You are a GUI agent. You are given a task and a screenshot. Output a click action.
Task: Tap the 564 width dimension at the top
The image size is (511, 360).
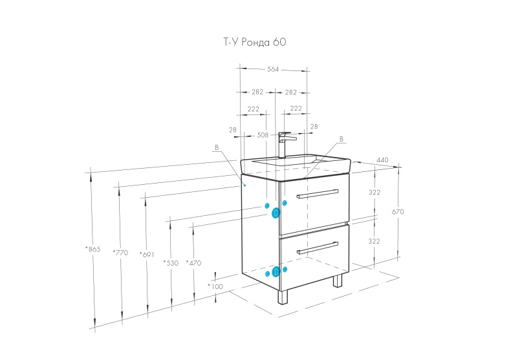click(x=273, y=70)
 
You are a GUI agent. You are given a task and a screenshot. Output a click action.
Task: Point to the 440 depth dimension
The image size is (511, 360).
click(x=382, y=160)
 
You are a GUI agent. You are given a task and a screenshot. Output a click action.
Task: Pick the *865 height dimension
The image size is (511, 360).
click(x=93, y=248)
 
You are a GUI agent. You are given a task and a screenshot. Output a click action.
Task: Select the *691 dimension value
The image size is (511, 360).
click(x=147, y=255)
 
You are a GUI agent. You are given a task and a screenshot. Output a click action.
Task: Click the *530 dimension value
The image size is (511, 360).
click(x=171, y=262)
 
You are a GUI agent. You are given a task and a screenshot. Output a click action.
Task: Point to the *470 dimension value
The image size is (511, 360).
click(x=193, y=262)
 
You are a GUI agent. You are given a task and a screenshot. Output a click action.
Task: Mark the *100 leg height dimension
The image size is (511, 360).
click(x=215, y=286)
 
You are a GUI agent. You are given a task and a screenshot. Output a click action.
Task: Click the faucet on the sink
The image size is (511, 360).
click(x=283, y=143)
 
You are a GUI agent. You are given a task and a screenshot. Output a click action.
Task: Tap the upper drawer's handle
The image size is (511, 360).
click(x=317, y=193)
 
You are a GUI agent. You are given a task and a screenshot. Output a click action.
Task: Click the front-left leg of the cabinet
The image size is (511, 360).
click(x=281, y=295)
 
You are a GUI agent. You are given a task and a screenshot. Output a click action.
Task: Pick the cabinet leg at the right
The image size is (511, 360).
click(x=337, y=281)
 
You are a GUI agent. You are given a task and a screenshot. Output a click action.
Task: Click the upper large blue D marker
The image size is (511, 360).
click(x=276, y=212)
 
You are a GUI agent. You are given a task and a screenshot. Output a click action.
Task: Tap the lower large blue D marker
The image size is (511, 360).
click(x=276, y=271)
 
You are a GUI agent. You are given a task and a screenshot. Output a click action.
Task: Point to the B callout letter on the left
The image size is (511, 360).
click(x=217, y=147)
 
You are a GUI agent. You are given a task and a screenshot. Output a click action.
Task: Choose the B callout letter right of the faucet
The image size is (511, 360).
click(x=342, y=139)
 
